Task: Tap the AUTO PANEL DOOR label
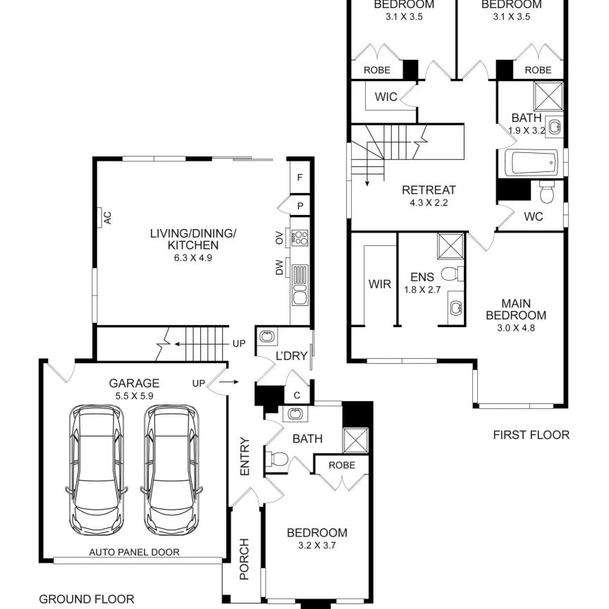133,552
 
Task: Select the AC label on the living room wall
108,218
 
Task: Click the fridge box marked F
300,178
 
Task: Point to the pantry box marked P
300,206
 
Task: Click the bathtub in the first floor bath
531,164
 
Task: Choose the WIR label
379,285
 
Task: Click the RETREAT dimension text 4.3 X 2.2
429,203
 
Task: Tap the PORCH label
245,559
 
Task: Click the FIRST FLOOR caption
530,435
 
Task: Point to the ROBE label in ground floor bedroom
342,465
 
